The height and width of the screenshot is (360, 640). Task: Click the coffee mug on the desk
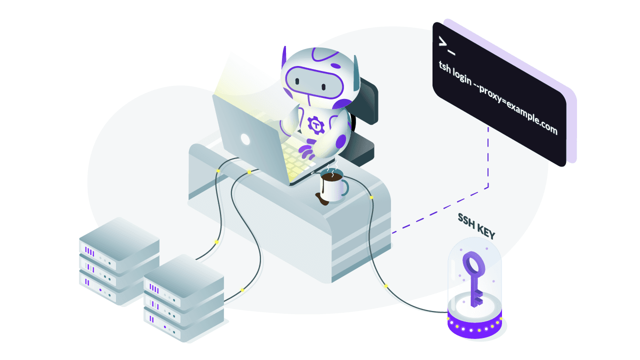pyautogui.click(x=332, y=188)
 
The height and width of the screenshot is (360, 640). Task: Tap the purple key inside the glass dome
pyautogui.click(x=472, y=277)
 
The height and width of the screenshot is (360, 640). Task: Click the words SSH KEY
pyautogui.click(x=476, y=225)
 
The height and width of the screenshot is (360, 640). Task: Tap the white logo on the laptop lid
pyautogui.click(x=245, y=138)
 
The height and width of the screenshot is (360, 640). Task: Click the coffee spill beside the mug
pyautogui.click(x=322, y=200)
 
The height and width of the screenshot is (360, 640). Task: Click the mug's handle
pyautogui.click(x=345, y=187)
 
